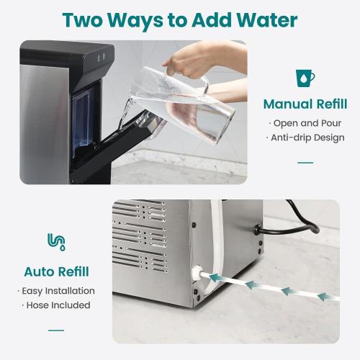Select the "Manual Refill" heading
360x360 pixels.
coord(305,104)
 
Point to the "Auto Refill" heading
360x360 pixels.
coord(56,271)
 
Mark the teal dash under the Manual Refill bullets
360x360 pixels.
coord(305,163)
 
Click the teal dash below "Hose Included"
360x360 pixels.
coord(56,330)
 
